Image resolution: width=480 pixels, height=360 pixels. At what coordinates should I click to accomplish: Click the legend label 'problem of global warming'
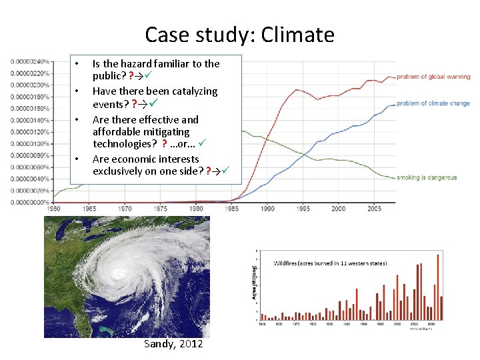tap(433, 77)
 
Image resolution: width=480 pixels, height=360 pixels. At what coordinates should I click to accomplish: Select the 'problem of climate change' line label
tap(433, 103)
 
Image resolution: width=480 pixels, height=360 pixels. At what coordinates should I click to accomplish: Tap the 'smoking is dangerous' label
tap(427, 177)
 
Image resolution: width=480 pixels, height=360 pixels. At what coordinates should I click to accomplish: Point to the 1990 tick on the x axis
tap(267, 209)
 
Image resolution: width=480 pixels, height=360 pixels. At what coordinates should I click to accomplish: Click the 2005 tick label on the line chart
tap(374, 209)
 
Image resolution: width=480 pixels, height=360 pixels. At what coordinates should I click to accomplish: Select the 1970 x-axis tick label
tap(125, 209)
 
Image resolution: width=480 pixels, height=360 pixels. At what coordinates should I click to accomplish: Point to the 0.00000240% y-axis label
tap(30, 61)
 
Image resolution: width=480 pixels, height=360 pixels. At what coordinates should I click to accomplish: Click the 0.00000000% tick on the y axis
tap(30, 201)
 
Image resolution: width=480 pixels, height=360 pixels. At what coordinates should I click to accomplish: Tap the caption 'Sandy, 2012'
tap(173, 343)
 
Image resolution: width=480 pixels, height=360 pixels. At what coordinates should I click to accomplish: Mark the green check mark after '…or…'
tap(202, 144)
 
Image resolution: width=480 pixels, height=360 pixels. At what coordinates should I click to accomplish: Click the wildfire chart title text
tap(331, 263)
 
